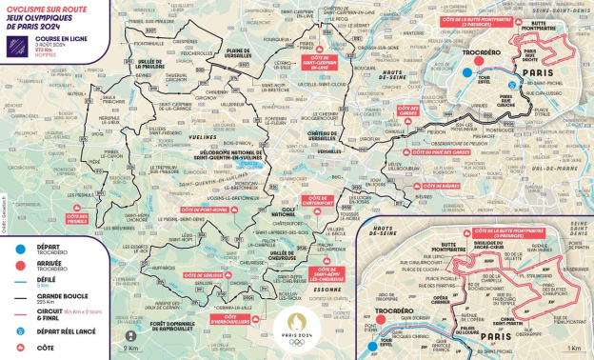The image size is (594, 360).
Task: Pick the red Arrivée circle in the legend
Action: tap(12, 264)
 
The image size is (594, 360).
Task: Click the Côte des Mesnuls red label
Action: tap(87, 218)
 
